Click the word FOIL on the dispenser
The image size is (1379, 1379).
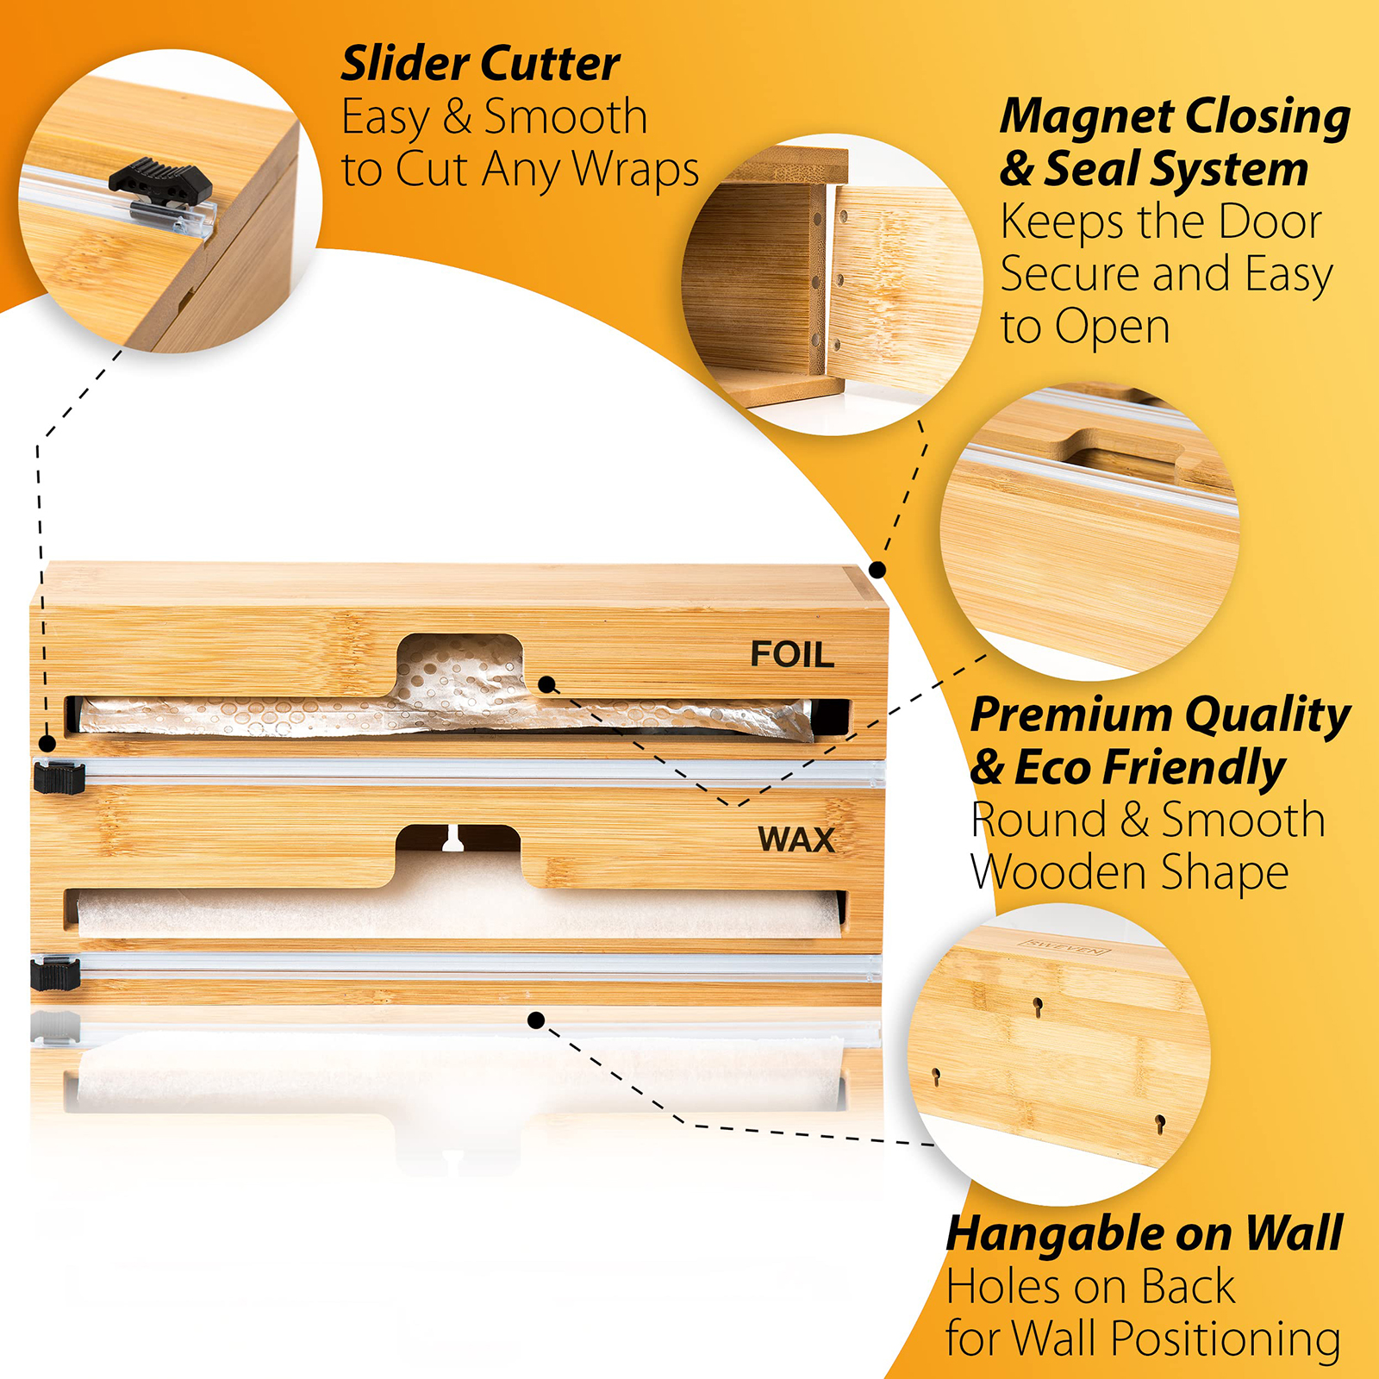point(792,654)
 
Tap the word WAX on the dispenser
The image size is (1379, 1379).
point(796,839)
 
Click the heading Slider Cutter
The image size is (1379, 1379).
point(481,64)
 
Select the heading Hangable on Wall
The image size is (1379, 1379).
point(1145,1233)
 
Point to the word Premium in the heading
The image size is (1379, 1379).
point(1071,715)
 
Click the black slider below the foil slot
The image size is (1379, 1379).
point(59,776)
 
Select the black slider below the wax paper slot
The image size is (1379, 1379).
point(55,972)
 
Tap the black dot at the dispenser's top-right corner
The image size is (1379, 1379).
point(877,570)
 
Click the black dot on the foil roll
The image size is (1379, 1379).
point(546,685)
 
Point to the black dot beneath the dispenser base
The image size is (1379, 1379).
point(536,1020)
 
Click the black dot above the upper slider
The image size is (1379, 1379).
point(47,744)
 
